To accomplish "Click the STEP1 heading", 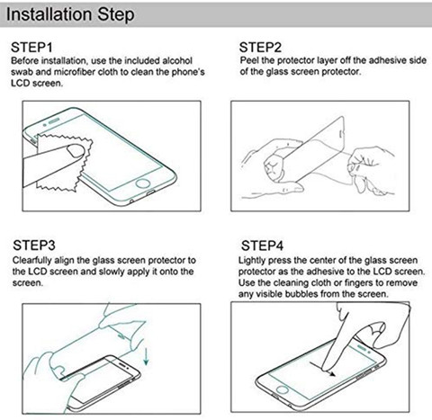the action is pyautogui.click(x=31, y=48).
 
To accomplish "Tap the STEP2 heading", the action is pyautogui.click(x=260, y=48).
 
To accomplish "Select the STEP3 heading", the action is pyautogui.click(x=34, y=246).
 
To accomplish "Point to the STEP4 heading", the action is pyautogui.click(x=262, y=246).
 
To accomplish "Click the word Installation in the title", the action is pyautogui.click(x=49, y=14).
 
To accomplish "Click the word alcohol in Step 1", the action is pyautogui.click(x=177, y=60).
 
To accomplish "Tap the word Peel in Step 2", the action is pyautogui.click(x=248, y=60).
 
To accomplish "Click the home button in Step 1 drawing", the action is pyautogui.click(x=143, y=183).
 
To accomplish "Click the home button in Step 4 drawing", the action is pyautogui.click(x=283, y=389).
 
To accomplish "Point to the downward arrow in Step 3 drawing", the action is pyautogui.click(x=146, y=356).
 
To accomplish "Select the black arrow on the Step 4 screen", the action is pyautogui.click(x=323, y=368).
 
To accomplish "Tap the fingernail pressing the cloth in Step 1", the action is pyautogui.click(x=76, y=151).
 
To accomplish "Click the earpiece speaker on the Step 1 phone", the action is pyautogui.click(x=54, y=121).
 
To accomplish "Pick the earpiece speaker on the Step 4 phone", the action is pyautogui.click(x=362, y=349).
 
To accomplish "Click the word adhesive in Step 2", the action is pyautogui.click(x=388, y=60).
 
